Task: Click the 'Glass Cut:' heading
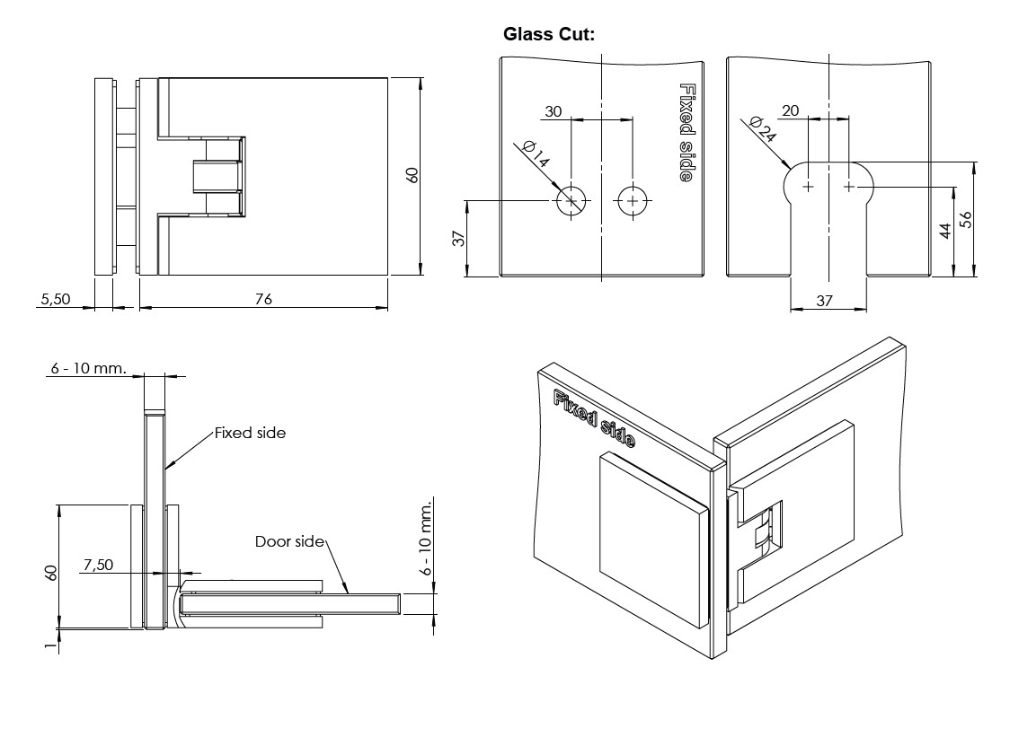[549, 34]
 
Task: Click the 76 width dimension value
[263, 299]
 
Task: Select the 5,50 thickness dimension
[55, 299]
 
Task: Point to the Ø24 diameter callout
[760, 131]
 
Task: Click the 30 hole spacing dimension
[554, 111]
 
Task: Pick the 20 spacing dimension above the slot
[791, 110]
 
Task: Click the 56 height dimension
[966, 220]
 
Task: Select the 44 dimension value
[944, 231]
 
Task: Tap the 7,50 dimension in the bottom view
[98, 565]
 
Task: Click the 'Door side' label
[288, 541]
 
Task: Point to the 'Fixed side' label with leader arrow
[250, 433]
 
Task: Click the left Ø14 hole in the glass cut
[572, 200]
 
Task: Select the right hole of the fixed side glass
[633, 200]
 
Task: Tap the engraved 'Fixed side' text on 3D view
[595, 419]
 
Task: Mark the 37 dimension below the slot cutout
[824, 302]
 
